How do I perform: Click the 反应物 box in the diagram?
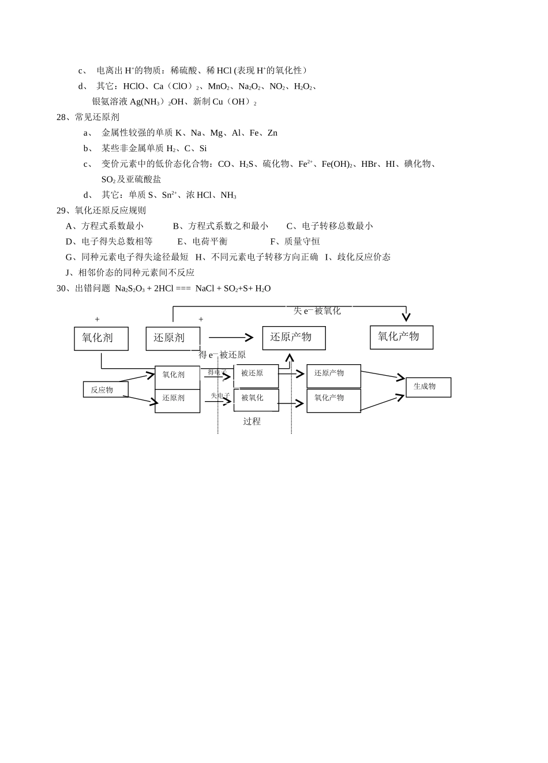point(102,390)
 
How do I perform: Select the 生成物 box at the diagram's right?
point(428,387)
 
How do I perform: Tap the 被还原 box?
point(256,375)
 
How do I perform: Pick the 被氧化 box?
point(256,399)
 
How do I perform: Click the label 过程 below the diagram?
point(252,421)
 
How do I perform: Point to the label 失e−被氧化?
point(317,311)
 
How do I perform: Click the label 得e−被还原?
point(222,354)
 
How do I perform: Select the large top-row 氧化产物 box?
point(401,337)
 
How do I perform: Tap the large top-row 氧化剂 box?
point(101,338)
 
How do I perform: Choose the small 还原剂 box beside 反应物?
point(177,400)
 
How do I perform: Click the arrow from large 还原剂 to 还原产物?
point(231,338)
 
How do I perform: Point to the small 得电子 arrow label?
point(217,372)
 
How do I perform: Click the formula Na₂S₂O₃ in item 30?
point(130,288)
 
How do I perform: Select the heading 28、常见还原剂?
point(88,117)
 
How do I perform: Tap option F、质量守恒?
point(295,241)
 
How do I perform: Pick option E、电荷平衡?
point(202,241)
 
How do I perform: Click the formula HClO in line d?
point(134,86)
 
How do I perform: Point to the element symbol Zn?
point(272,133)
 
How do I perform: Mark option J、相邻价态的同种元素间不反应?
point(130,272)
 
